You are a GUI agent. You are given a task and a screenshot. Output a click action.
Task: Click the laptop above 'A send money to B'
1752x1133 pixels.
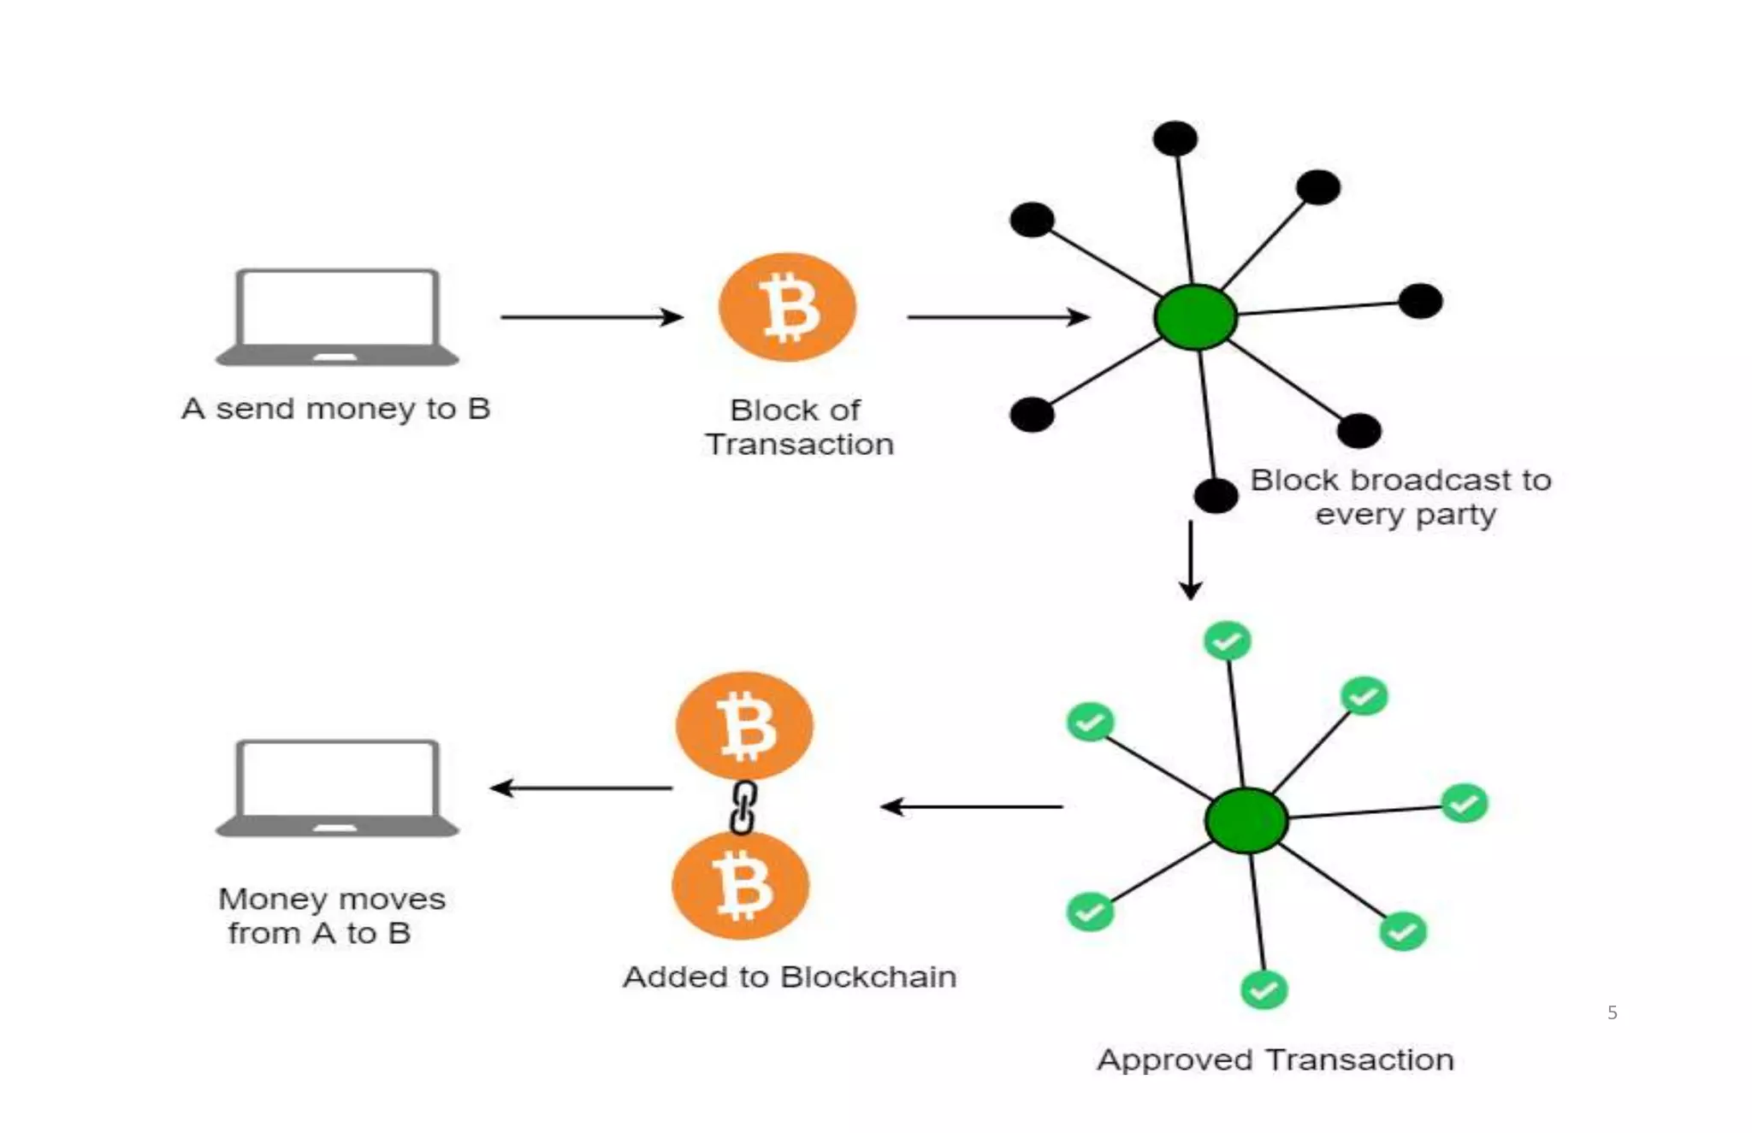click(x=337, y=317)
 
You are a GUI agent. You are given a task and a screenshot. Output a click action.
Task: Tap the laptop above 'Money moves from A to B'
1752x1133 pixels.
click(x=337, y=788)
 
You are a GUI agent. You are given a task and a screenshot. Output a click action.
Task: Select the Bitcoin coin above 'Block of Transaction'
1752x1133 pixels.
click(x=787, y=307)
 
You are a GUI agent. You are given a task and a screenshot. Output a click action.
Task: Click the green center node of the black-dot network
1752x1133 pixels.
click(x=1195, y=317)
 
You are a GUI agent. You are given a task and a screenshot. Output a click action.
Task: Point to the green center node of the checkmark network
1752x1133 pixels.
click(x=1246, y=820)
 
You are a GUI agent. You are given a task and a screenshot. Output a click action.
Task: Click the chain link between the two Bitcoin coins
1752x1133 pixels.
click(x=743, y=806)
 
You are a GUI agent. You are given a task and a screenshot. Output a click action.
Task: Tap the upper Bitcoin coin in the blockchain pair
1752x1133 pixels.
click(x=744, y=726)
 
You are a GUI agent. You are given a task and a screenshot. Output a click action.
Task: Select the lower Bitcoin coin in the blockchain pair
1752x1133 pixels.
click(x=741, y=886)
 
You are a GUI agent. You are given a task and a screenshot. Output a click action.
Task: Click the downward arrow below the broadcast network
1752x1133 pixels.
click(x=1190, y=560)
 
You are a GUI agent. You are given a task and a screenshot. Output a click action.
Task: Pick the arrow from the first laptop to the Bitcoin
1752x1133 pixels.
click(x=591, y=317)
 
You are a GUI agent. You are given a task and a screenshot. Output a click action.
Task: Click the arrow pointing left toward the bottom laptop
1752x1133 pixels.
click(x=581, y=788)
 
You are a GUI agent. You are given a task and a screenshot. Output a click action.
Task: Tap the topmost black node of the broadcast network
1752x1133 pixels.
click(x=1175, y=139)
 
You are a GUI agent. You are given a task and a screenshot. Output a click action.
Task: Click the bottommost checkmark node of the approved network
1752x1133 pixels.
click(x=1264, y=990)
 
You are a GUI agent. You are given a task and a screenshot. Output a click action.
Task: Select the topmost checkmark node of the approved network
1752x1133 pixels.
click(x=1227, y=640)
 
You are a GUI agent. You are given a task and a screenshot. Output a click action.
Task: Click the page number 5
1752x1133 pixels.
click(x=1612, y=1012)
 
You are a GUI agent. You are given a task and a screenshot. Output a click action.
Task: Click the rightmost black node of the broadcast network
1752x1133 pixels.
click(x=1420, y=301)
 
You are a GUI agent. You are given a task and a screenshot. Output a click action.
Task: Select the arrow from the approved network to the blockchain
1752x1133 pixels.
click(x=972, y=806)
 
